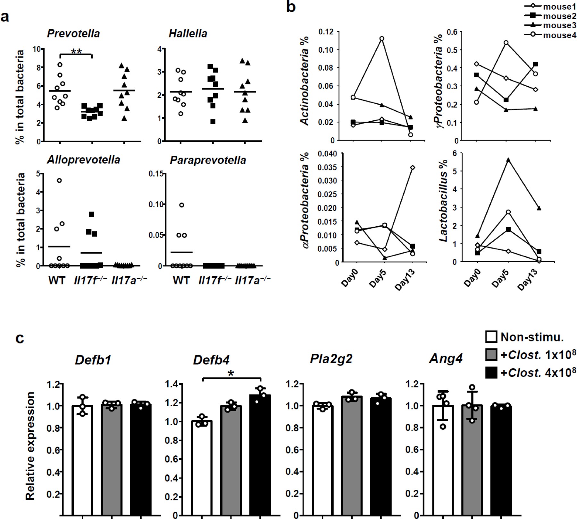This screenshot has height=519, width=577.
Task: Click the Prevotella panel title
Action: (x=73, y=33)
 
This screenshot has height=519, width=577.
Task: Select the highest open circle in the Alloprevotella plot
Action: (x=59, y=180)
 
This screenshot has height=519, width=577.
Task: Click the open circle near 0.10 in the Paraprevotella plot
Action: (x=182, y=205)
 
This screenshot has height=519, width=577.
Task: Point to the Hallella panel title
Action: (x=188, y=33)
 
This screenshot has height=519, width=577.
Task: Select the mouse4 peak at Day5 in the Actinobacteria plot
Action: (x=381, y=39)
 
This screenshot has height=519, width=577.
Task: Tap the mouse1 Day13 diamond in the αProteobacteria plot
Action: (x=413, y=167)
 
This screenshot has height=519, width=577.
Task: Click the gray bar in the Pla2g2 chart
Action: (x=352, y=456)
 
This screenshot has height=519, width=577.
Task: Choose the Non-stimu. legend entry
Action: (x=524, y=337)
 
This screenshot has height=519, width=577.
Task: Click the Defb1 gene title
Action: (x=93, y=360)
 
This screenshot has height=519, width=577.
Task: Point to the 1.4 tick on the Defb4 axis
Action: (x=171, y=384)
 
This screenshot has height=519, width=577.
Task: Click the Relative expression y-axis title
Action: (x=30, y=446)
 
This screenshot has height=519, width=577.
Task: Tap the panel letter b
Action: (x=291, y=6)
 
